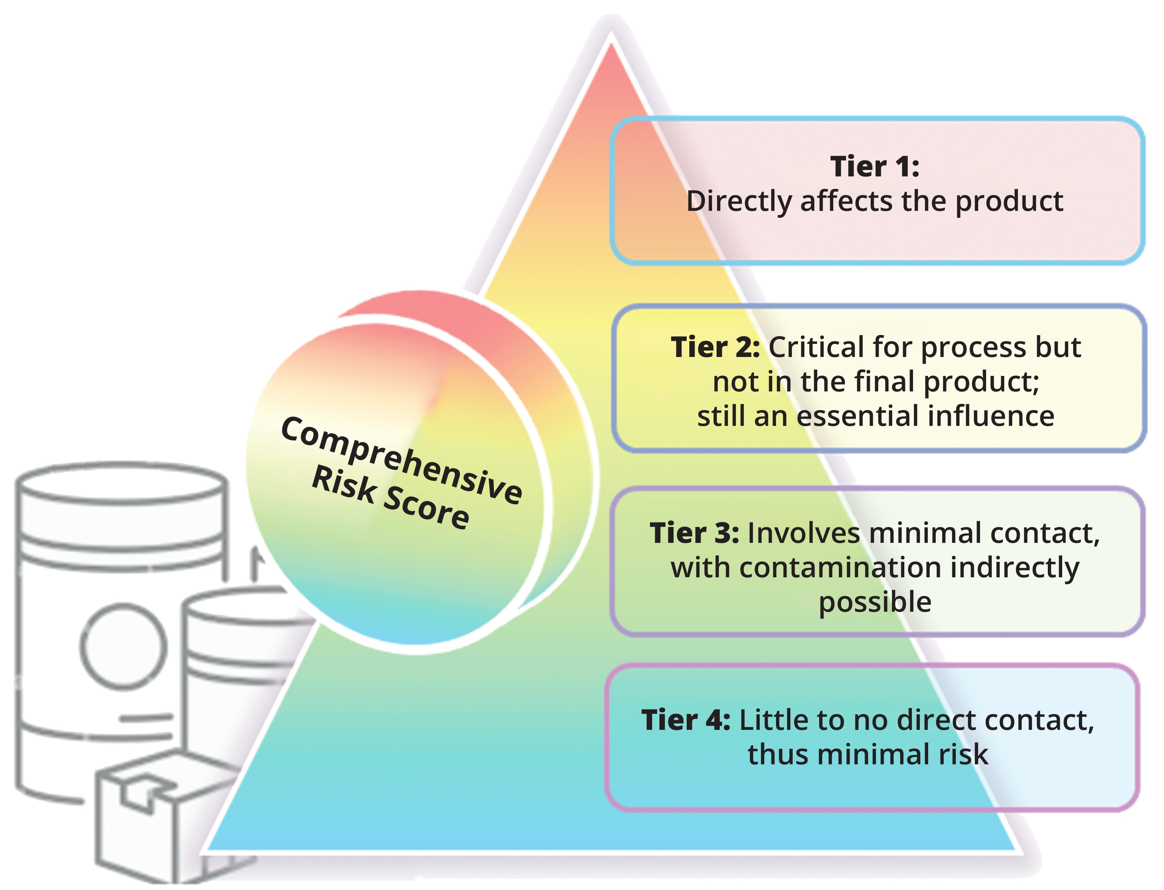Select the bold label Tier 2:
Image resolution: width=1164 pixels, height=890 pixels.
point(715,347)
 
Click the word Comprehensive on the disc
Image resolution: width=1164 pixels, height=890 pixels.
point(401,460)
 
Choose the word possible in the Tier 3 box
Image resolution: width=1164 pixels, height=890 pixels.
point(875,602)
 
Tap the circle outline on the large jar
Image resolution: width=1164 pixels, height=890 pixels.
point(123,646)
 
